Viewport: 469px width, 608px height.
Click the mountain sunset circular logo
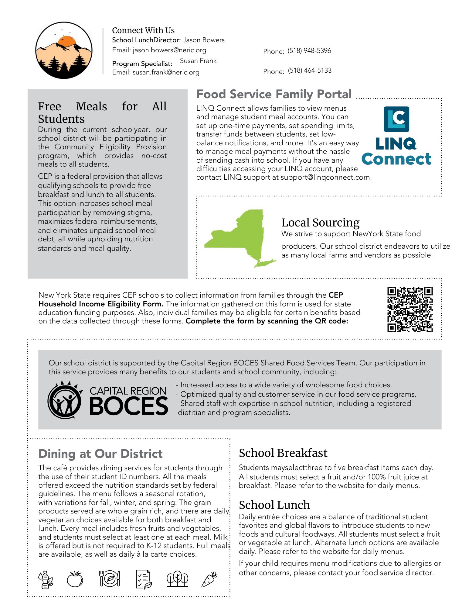pos(64,50)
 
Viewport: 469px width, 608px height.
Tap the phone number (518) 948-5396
pos(309,51)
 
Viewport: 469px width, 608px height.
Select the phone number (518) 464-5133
pos(310,71)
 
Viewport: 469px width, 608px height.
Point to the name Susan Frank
pos(198,61)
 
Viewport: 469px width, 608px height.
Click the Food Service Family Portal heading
pos(274,94)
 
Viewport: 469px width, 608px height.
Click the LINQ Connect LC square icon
pos(396,119)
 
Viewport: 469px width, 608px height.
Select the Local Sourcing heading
pos(320,223)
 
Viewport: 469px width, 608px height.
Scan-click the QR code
pos(410,309)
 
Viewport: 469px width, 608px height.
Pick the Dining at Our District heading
pos(100,454)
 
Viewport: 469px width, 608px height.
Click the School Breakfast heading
pos(283,453)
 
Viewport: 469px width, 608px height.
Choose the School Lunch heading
pos(274,505)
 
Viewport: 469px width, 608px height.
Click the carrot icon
pos(209,579)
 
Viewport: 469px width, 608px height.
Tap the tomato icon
pos(75,579)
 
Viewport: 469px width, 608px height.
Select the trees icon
pos(177,579)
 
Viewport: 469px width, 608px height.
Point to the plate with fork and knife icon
pos(110,579)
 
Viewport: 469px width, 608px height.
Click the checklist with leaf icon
pos(144,579)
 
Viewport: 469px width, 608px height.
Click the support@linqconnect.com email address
pos(326,178)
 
